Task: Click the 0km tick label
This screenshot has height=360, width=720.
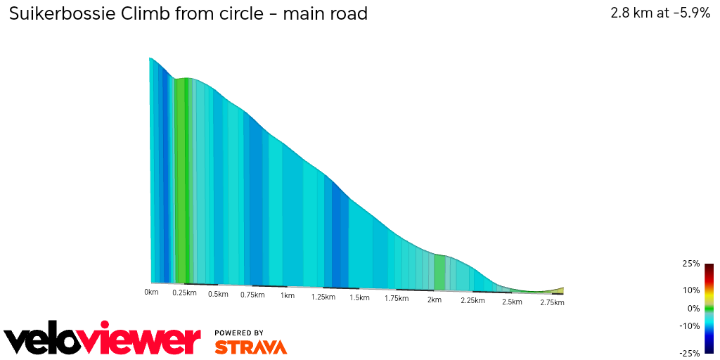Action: click(x=151, y=291)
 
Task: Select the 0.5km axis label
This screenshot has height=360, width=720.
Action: click(x=219, y=294)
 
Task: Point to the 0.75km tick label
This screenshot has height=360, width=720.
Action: click(x=252, y=295)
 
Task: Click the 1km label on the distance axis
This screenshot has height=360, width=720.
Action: click(x=287, y=296)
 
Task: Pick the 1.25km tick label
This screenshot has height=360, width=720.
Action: click(x=323, y=297)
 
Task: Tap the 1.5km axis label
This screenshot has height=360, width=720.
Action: click(x=359, y=297)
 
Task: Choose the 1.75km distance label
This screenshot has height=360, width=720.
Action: click(x=397, y=298)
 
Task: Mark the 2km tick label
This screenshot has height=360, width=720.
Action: click(x=435, y=300)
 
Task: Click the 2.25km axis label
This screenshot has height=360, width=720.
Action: click(x=472, y=300)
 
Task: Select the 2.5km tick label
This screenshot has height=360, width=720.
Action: click(x=512, y=302)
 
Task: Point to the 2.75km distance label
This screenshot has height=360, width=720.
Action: click(x=552, y=302)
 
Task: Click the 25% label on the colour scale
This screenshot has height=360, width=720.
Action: click(x=690, y=264)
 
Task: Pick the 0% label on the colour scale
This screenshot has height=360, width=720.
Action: click(x=693, y=308)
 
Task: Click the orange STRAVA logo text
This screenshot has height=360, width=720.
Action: click(x=250, y=347)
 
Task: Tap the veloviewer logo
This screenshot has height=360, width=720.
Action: click(x=102, y=340)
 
